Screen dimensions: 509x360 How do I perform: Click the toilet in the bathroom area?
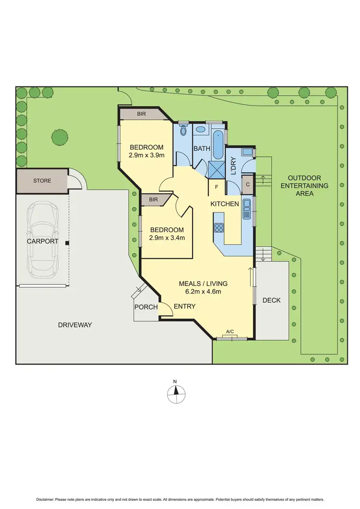pos(183,130)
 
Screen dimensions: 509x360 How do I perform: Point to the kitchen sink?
pos(247,209)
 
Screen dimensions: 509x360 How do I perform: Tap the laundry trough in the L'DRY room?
pos(247,153)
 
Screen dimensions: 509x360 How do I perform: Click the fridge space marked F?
pos(216,187)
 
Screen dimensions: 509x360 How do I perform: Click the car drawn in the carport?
pos(43,240)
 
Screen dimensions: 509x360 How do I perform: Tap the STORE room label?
pos(42,181)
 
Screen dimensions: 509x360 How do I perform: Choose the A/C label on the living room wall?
pos(230,332)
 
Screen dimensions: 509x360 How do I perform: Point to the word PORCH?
pos(146,307)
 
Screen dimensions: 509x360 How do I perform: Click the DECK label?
pos(272,300)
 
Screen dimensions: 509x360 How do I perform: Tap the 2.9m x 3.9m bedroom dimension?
pos(146,155)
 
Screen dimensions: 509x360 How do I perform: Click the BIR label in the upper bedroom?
pos(141,114)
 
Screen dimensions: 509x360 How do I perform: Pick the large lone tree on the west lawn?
pos(60,137)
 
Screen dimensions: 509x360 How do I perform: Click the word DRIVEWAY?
pos(75,325)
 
